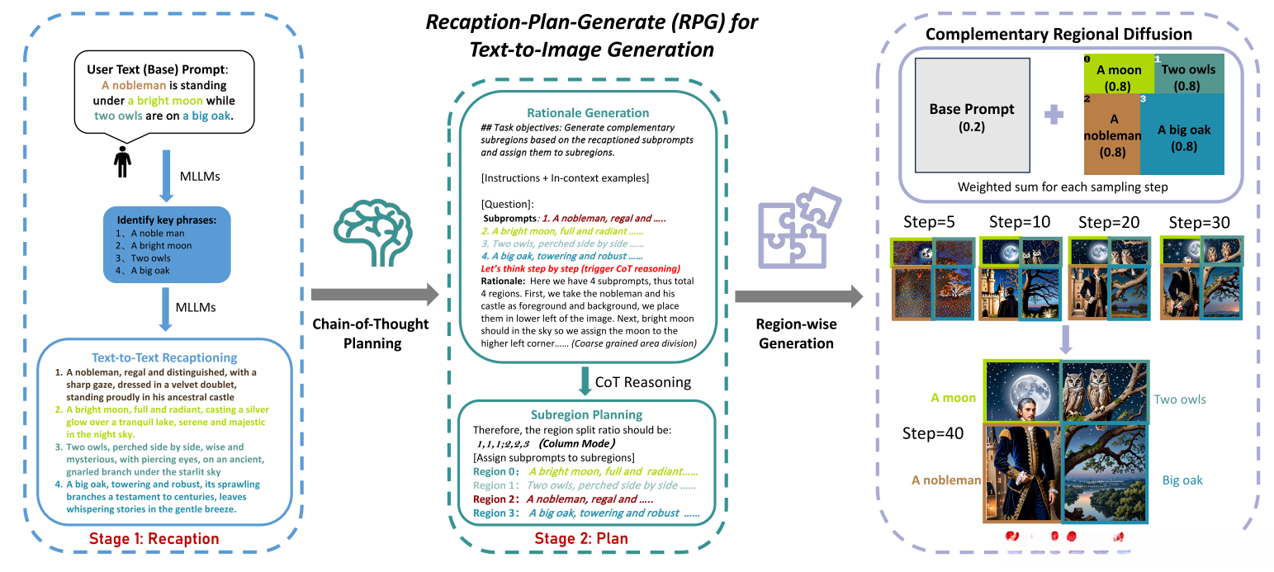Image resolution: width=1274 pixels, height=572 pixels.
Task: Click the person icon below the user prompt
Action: coord(123,161)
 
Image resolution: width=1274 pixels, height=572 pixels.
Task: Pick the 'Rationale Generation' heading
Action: coord(587,113)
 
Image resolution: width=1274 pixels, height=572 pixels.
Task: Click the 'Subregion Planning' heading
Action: coord(587,414)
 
